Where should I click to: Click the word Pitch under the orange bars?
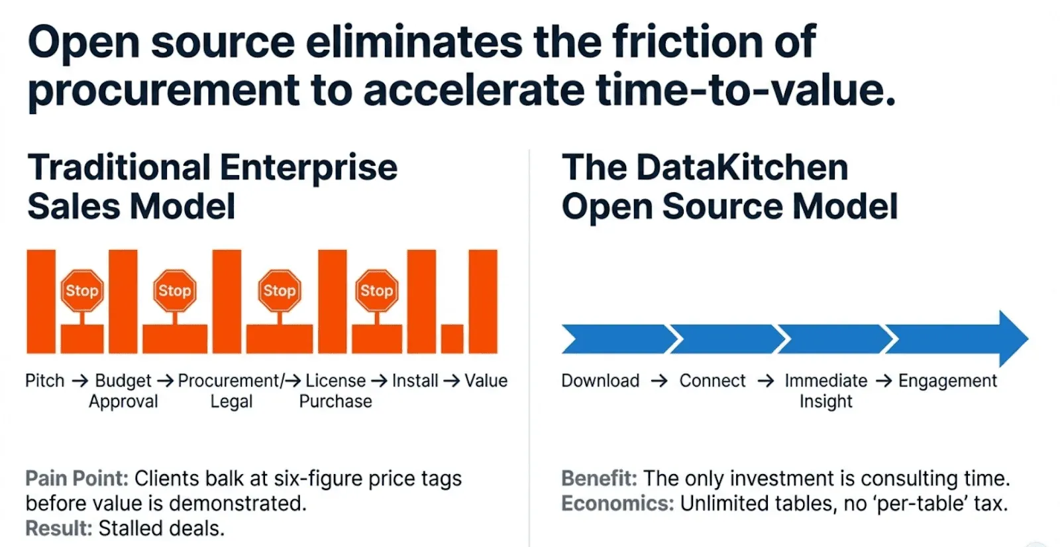pyautogui.click(x=45, y=381)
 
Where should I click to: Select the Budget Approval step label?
pyautogui.click(x=123, y=391)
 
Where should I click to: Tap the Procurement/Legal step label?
pyautogui.click(x=231, y=391)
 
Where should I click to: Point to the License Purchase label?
pyautogui.click(x=335, y=391)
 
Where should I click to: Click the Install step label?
pyautogui.click(x=415, y=381)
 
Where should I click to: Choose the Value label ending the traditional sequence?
pyautogui.click(x=486, y=381)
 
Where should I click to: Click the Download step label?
pyautogui.click(x=600, y=381)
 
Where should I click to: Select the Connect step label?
pyautogui.click(x=713, y=381)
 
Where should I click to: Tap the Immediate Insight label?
pyautogui.click(x=826, y=391)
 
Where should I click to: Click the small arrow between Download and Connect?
pyautogui.click(x=659, y=381)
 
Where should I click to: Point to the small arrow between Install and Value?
pyautogui.click(x=451, y=381)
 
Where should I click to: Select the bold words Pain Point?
pyautogui.click(x=77, y=479)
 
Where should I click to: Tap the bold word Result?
pyautogui.click(x=59, y=528)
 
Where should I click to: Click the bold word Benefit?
pyautogui.click(x=599, y=479)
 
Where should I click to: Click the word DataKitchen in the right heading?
pyautogui.click(x=743, y=168)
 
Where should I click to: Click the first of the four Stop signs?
pyautogui.click(x=82, y=291)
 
